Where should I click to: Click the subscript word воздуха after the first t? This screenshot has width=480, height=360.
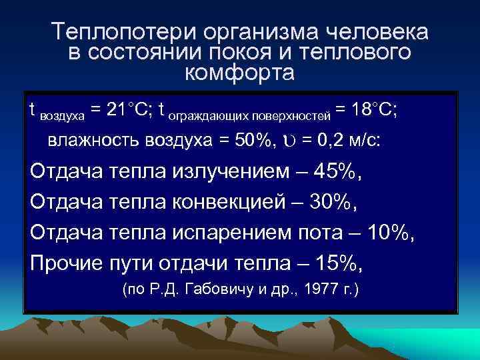(x=63, y=115)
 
